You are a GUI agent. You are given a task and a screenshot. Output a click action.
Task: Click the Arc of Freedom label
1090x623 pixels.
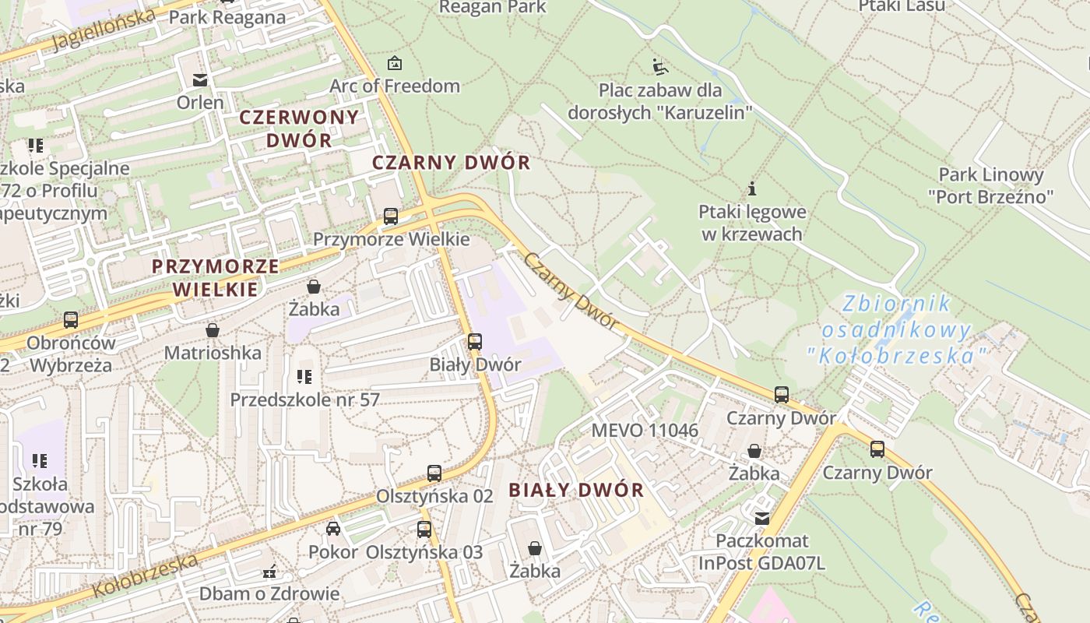395,86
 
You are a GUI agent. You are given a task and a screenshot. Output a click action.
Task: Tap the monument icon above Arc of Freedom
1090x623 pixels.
395,63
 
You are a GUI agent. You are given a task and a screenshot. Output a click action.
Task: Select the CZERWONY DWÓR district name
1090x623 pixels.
299,128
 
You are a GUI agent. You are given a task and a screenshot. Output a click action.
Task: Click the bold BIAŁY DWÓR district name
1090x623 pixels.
576,490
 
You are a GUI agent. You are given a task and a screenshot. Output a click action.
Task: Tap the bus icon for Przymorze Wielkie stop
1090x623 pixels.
391,216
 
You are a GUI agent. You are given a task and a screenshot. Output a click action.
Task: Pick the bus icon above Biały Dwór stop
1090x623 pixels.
474,341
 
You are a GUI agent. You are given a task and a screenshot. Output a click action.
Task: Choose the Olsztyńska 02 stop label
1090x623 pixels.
434,496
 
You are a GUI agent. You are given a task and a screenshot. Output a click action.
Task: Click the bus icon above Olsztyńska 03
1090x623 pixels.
424,530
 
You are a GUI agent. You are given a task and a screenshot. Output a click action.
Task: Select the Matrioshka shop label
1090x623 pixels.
213,353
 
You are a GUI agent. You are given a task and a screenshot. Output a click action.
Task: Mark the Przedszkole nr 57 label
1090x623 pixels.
304,399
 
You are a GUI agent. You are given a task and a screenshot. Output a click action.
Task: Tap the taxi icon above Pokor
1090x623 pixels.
333,529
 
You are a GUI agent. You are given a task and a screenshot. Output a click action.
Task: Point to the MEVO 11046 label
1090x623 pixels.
645,430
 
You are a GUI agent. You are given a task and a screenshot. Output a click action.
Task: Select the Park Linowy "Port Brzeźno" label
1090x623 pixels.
990,185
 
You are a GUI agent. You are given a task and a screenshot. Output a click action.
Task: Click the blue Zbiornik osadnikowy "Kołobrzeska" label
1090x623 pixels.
898,329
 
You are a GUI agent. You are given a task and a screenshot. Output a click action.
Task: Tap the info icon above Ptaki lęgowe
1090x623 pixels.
752,188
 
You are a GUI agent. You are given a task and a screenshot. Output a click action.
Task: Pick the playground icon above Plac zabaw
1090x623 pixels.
659,65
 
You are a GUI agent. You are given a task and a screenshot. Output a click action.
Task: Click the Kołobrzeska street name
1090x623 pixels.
145,576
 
